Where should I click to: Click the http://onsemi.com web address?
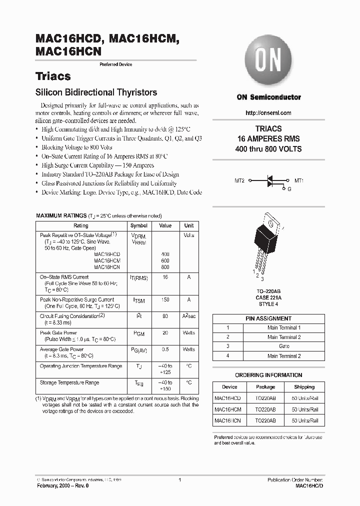[268, 113]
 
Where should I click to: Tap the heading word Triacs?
[53, 76]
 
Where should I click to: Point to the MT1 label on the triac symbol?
[299, 180]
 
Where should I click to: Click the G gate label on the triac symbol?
[288, 189]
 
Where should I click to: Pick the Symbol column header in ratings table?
[138, 225]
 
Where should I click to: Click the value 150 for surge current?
[165, 299]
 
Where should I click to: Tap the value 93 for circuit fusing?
[165, 316]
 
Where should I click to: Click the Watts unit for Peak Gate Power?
[189, 332]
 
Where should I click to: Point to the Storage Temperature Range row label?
[69, 382]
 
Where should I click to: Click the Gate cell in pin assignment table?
[284, 346]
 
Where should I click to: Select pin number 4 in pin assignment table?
[228, 356]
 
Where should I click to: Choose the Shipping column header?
[304, 386]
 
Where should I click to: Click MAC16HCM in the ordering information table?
[227, 409]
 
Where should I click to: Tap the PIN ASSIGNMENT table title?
[268, 318]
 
